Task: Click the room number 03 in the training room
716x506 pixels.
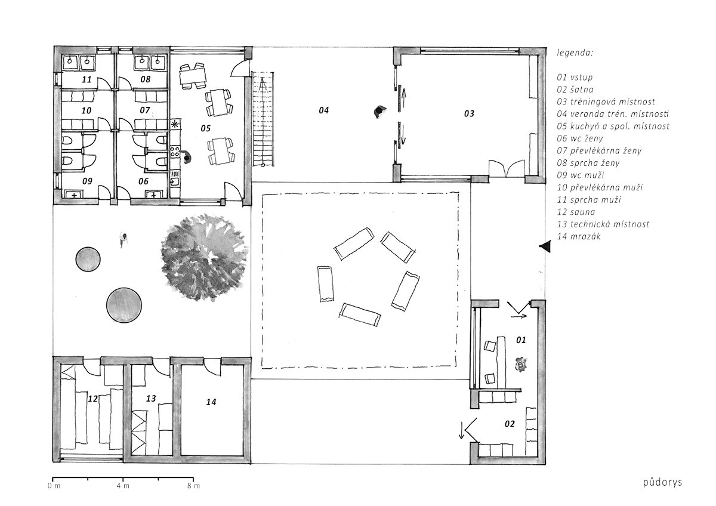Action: point(469,113)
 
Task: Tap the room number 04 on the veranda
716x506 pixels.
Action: point(323,110)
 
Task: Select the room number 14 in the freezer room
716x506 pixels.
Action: point(211,402)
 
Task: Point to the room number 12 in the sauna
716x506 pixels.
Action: point(92,399)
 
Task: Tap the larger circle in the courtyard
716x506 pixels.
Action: point(124,306)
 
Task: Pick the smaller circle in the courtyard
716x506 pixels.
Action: point(88,260)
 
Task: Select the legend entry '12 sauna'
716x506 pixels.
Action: point(576,212)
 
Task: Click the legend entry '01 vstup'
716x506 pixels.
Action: point(575,78)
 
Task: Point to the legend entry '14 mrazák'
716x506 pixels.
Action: point(579,236)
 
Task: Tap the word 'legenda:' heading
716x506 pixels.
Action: point(575,53)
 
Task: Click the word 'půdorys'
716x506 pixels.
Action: point(662,482)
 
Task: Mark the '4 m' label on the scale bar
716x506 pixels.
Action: point(123,486)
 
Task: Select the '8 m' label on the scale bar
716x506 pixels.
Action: point(193,486)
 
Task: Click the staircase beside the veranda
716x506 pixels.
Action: point(263,119)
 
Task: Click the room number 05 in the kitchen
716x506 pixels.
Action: point(205,128)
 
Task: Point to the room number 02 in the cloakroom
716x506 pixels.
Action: point(510,424)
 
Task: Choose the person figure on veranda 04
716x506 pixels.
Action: point(379,112)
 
